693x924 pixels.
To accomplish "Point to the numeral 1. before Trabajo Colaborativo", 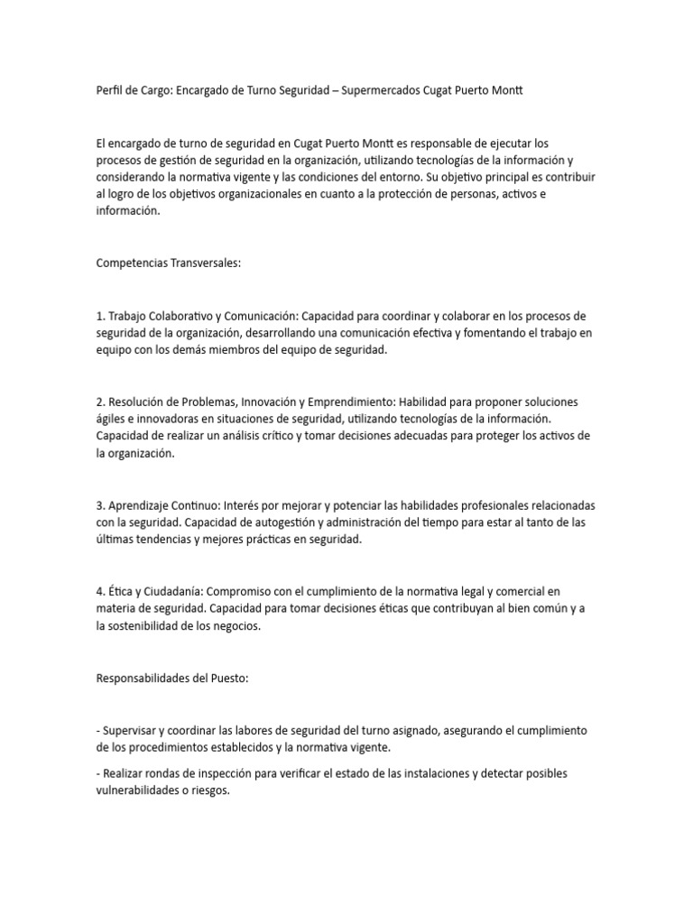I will point(100,316).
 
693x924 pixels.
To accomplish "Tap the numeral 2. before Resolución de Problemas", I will point(100,402).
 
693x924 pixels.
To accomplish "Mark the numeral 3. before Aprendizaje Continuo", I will point(100,505).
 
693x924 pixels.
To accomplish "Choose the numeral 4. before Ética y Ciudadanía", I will point(100,592).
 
